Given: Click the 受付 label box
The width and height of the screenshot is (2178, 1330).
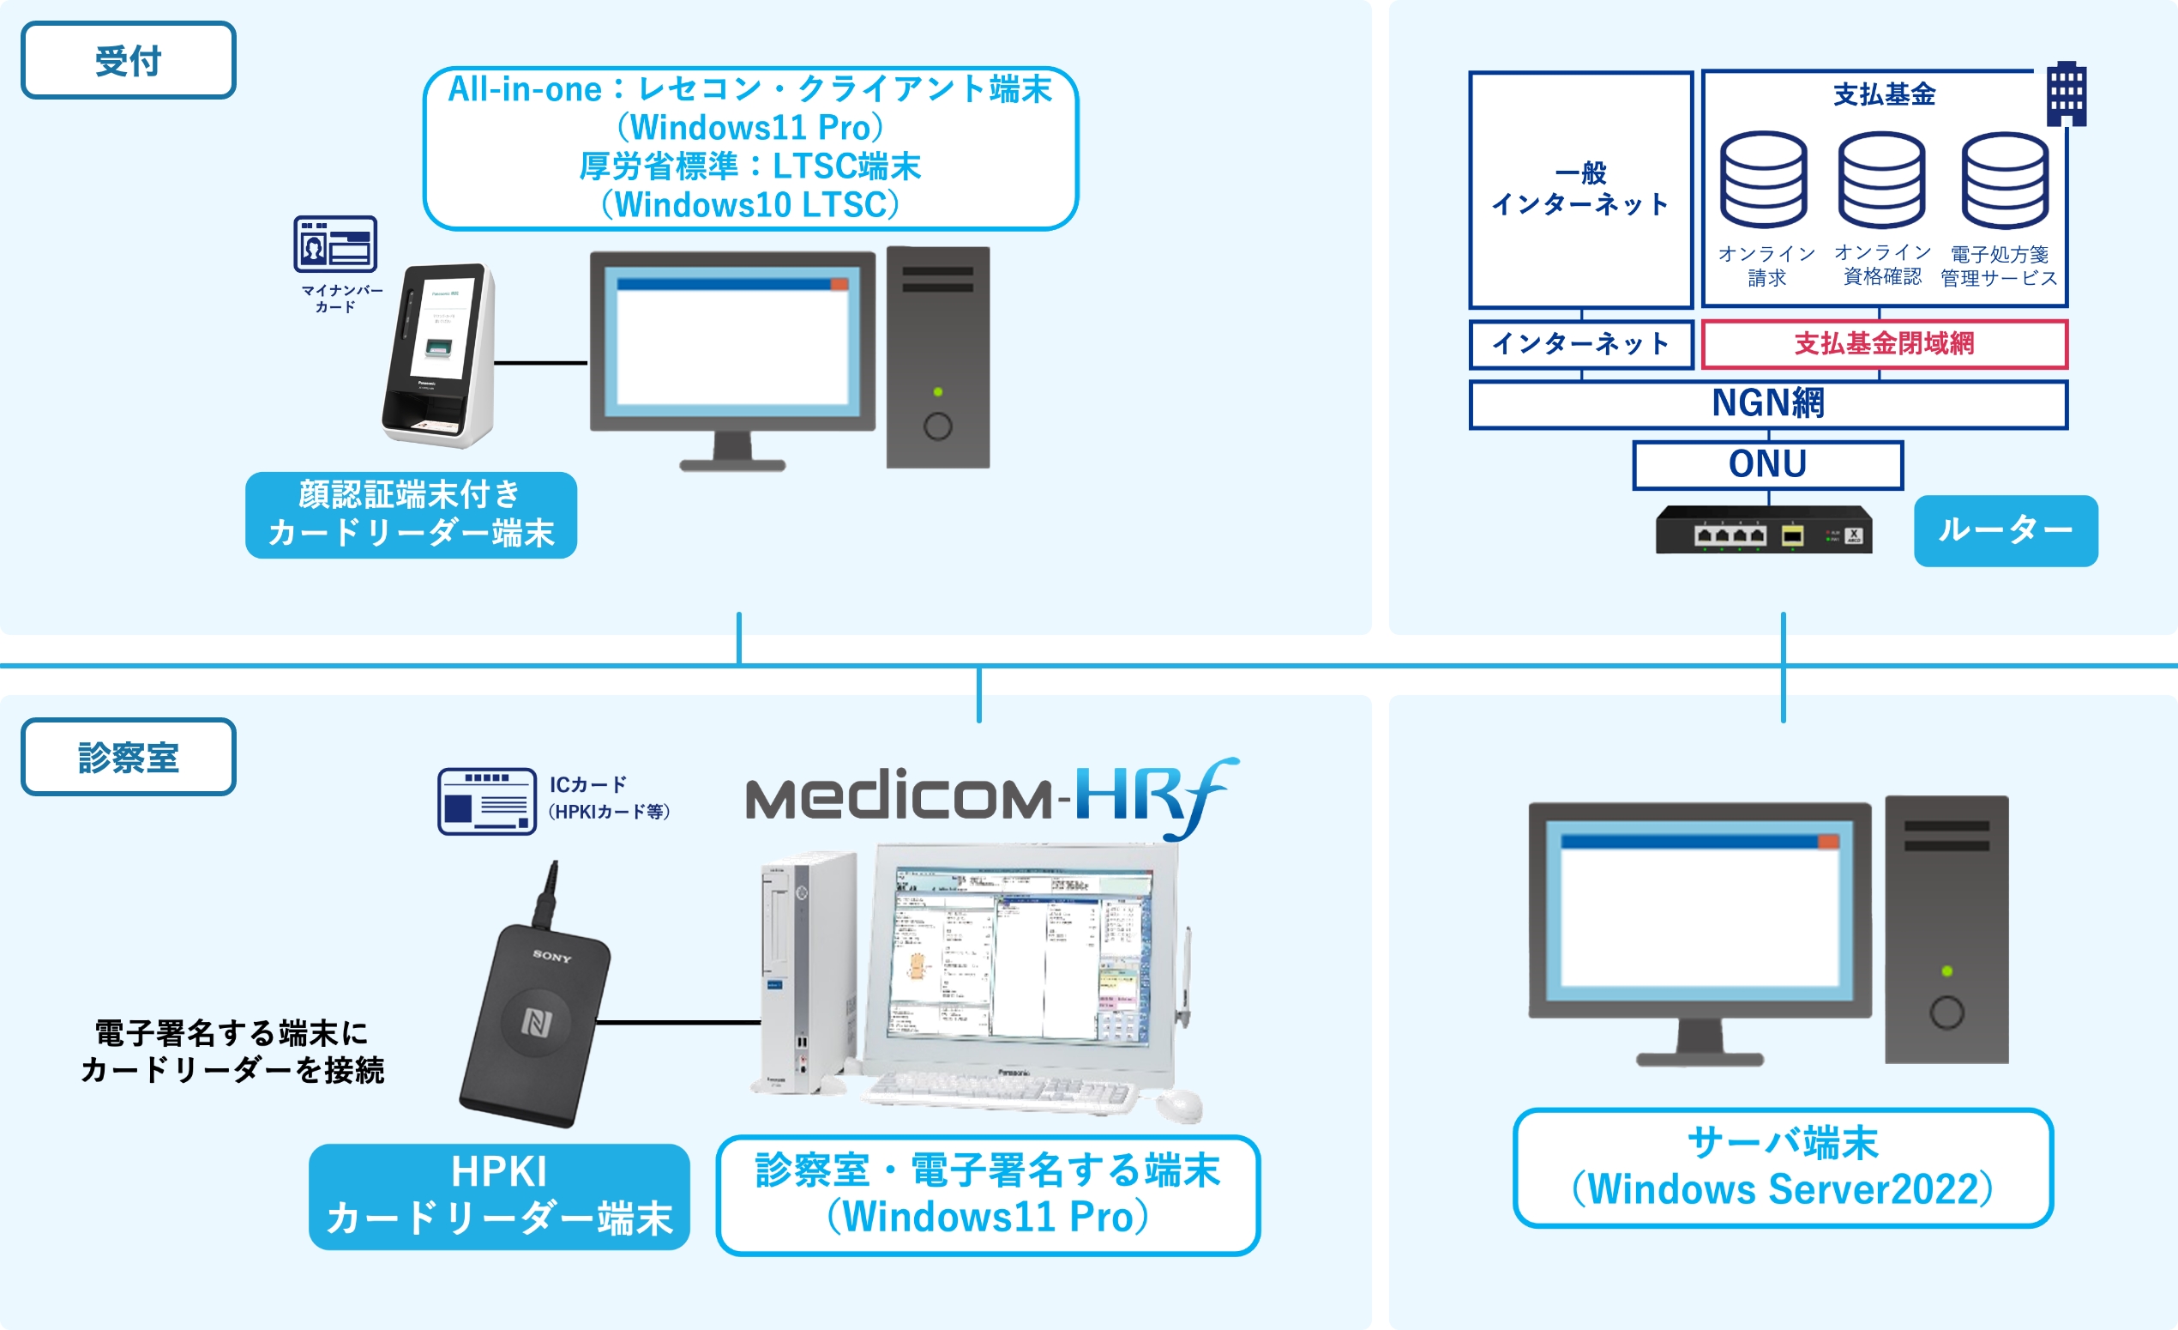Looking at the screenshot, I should click(128, 60).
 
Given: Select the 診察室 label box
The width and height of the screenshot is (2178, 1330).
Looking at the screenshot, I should click(128, 757).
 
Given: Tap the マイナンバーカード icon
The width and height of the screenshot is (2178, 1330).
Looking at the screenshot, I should click(335, 244).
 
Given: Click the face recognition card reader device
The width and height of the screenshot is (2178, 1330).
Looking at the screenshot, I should click(438, 354).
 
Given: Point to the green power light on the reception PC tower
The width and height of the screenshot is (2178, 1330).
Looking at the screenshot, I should click(938, 392).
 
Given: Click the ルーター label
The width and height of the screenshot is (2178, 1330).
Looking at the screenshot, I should click(2005, 530).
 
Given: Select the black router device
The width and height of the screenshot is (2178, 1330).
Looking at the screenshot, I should click(1764, 530).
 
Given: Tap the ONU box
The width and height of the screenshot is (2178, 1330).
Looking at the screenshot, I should click(1768, 464).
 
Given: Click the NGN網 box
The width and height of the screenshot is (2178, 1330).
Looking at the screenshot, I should click(1768, 404).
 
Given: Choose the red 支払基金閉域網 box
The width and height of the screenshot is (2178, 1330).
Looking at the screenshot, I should click(1884, 344).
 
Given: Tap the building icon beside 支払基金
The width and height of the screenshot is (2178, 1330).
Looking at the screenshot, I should click(2067, 93).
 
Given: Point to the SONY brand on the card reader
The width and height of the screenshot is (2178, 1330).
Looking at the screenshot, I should click(552, 956).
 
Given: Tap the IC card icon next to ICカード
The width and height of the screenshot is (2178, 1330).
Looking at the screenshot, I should click(487, 801).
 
